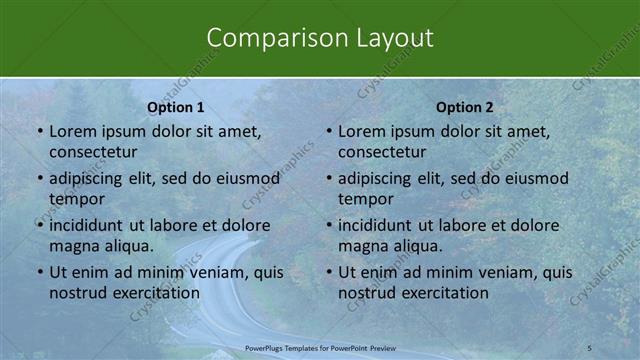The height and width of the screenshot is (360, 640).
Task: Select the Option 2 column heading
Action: (x=465, y=107)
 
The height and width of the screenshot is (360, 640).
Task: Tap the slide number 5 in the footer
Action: (x=590, y=347)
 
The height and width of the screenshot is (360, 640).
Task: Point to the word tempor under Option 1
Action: (x=77, y=198)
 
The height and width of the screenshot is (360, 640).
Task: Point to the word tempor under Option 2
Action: (x=366, y=198)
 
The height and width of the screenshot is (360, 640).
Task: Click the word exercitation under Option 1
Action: (x=154, y=293)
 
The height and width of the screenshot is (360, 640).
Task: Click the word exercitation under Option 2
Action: (x=443, y=293)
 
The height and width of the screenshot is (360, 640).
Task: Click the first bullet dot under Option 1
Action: (x=40, y=132)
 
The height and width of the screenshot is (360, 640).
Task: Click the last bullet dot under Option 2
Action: (x=329, y=273)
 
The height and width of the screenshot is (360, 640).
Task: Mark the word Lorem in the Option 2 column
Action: (x=361, y=131)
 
